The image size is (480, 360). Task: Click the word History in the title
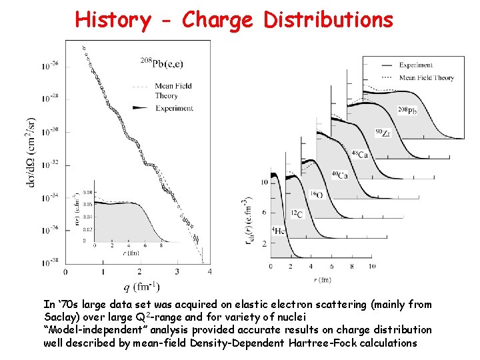[113, 20]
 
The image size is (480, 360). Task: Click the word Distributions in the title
[328, 20]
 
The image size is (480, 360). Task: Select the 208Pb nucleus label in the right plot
[409, 110]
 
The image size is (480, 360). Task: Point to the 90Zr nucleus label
[382, 133]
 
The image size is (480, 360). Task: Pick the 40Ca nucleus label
[339, 175]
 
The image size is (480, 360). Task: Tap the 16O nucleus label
[315, 195]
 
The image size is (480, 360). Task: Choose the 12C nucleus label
[296, 213]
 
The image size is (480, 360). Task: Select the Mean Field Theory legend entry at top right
[427, 77]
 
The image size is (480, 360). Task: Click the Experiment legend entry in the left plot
[175, 108]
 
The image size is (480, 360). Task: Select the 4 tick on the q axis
[210, 272]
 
